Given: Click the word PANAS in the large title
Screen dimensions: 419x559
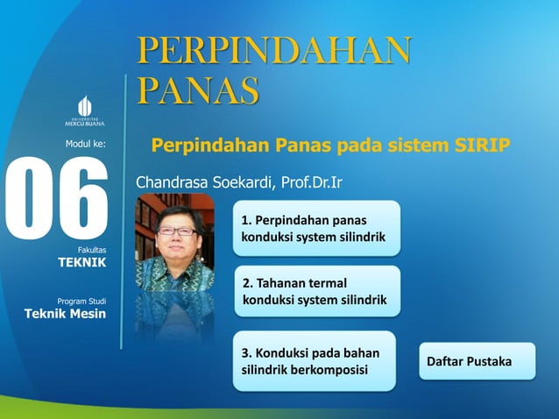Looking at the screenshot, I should tap(198, 90).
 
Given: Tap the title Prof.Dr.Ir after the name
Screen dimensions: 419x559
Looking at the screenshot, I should tap(312, 183).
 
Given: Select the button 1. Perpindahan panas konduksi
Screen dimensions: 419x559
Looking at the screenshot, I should tap(316, 228).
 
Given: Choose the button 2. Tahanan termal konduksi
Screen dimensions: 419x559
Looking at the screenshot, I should tap(316, 292).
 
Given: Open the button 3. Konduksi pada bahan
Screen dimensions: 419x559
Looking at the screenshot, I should tap(315, 361).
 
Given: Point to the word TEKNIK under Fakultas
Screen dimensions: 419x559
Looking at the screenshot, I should tap(81, 262).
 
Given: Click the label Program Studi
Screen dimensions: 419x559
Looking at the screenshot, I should tap(81, 302).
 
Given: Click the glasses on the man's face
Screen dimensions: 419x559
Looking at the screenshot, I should tap(175, 231).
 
